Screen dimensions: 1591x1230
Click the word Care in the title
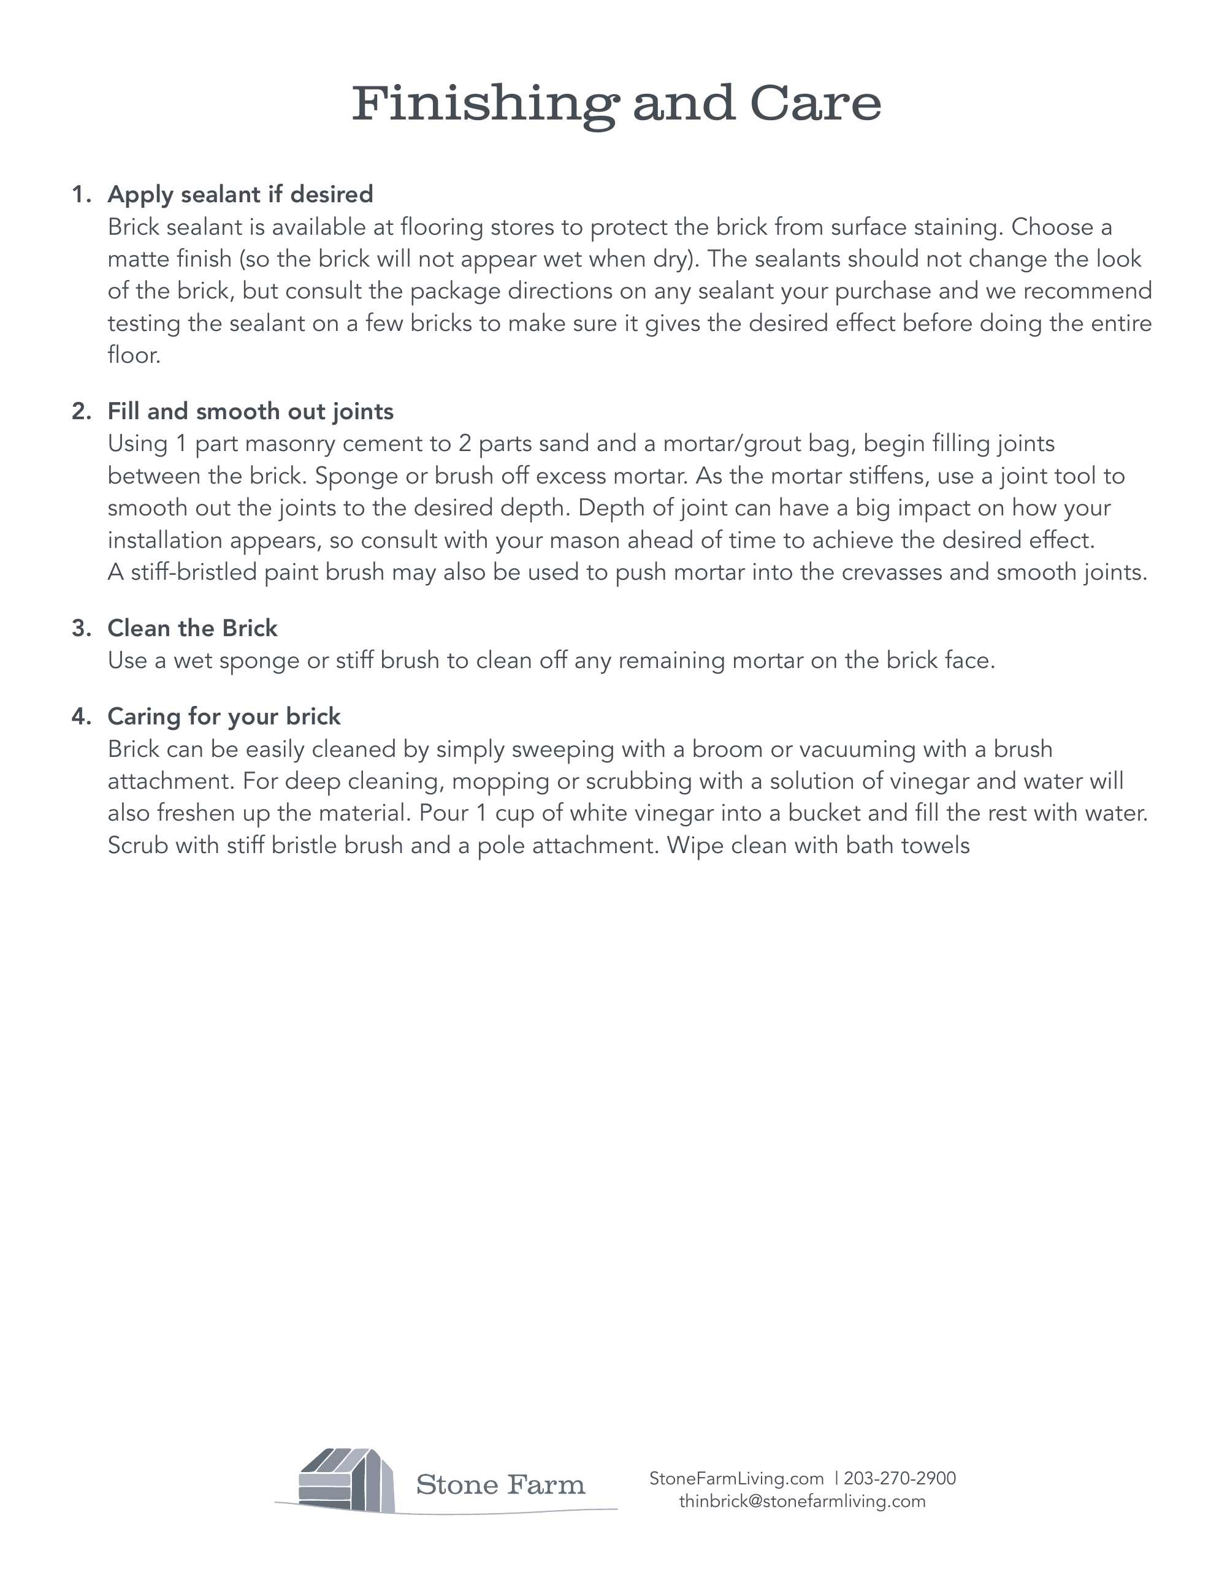[816, 104]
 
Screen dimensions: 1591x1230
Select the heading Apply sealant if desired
[240, 194]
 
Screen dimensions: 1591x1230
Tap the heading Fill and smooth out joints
[251, 412]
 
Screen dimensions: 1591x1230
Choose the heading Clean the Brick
[193, 628]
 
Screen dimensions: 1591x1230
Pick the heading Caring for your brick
[224, 716]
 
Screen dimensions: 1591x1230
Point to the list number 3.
[82, 628]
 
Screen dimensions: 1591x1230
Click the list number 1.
[82, 194]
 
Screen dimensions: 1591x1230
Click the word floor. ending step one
[134, 355]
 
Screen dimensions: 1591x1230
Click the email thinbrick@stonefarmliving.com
[802, 1501]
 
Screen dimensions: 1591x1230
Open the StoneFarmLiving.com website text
[736, 1478]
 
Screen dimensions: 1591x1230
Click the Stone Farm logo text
[500, 1484]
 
